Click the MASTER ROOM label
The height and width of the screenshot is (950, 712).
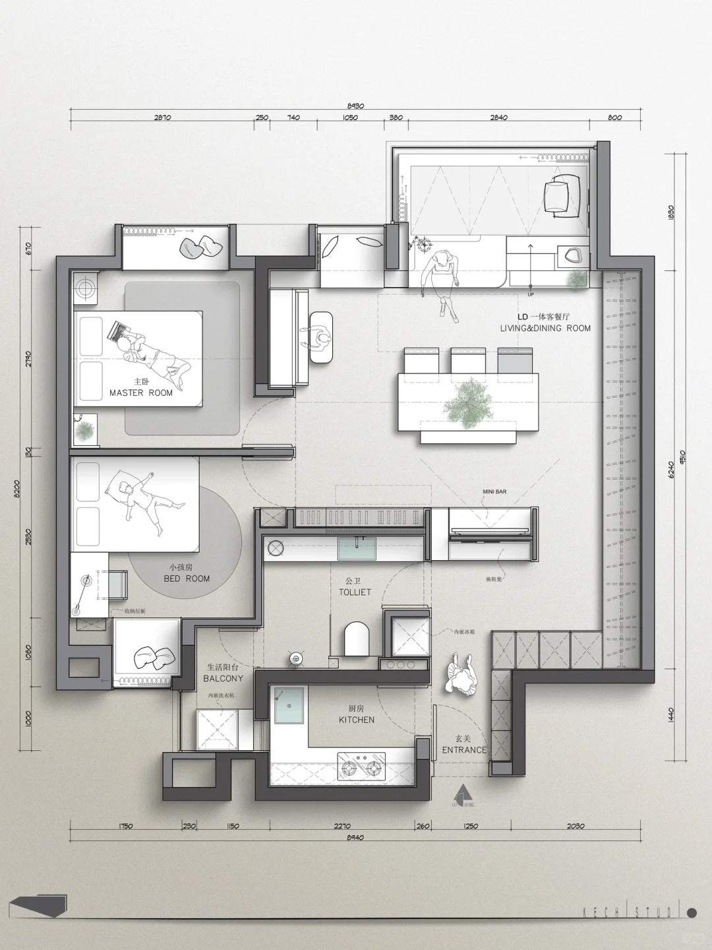(x=140, y=393)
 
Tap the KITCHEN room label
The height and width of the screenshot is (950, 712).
(x=357, y=720)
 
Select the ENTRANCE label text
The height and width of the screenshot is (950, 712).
(x=464, y=749)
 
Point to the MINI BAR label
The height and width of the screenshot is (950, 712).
(x=494, y=491)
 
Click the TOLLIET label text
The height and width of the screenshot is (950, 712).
(x=355, y=592)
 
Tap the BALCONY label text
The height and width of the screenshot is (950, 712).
(x=223, y=678)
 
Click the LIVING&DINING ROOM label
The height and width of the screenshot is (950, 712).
(x=545, y=328)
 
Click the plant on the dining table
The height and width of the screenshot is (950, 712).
(x=469, y=402)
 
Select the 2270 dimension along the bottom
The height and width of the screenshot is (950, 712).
(x=342, y=825)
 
